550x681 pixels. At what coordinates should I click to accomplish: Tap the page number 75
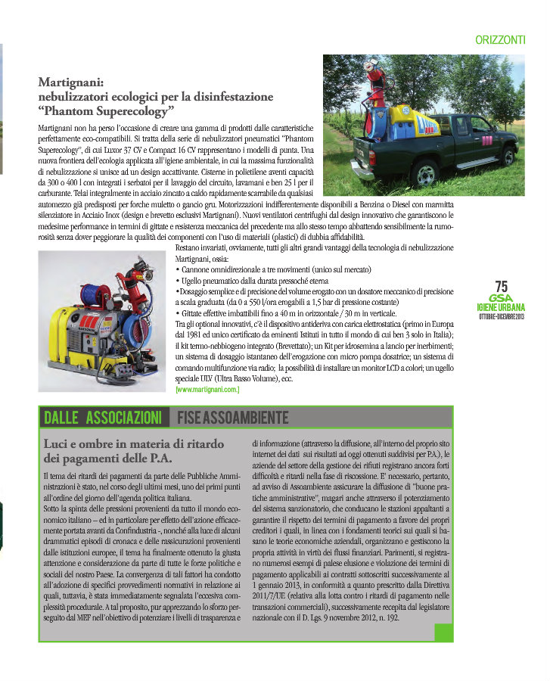pyautogui.click(x=501, y=286)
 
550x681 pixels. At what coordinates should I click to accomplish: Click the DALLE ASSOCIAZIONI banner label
pyautogui.click(x=103, y=417)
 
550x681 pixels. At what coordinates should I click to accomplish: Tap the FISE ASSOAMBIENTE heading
pyautogui.click(x=232, y=417)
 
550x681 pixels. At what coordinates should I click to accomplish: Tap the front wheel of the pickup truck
pyautogui.click(x=505, y=156)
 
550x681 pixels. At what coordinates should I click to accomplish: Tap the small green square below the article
pyautogui.click(x=443, y=633)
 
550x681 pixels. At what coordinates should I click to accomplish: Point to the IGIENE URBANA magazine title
pyautogui.click(x=501, y=307)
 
